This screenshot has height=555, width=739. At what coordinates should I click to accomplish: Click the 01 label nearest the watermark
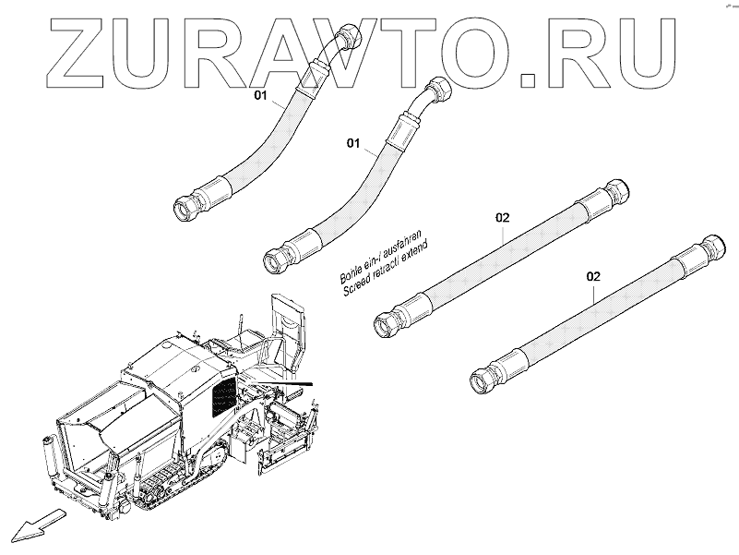click(260, 96)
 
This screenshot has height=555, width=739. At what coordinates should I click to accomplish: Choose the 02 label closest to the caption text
click(502, 218)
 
